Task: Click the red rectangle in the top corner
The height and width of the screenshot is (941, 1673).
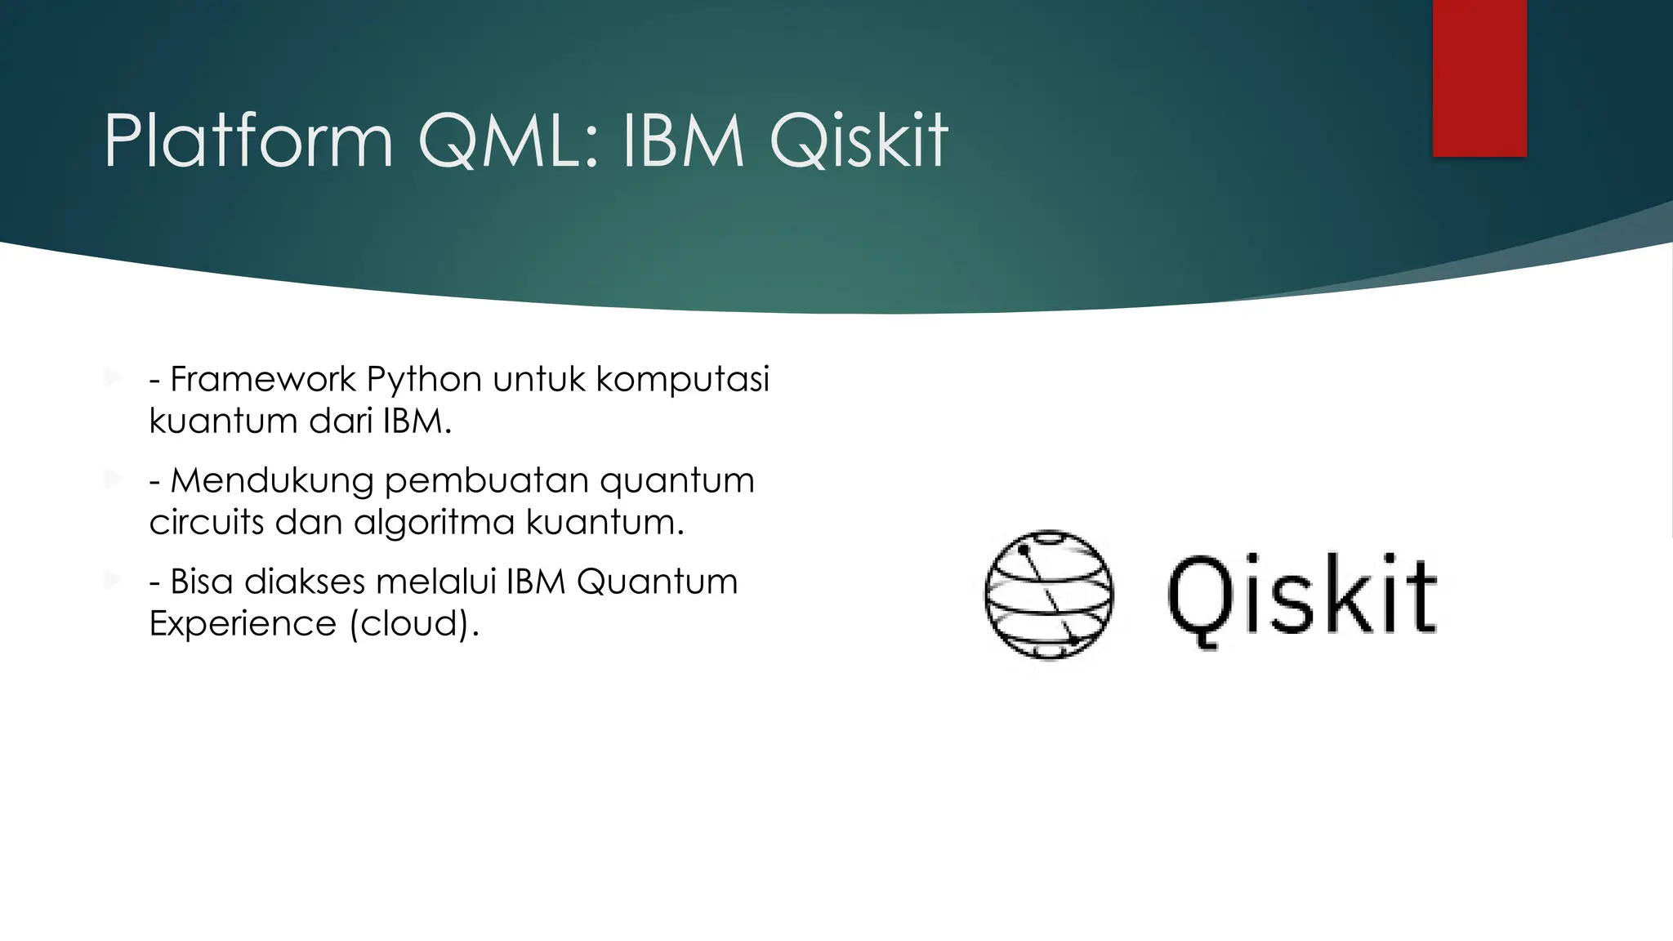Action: (1479, 78)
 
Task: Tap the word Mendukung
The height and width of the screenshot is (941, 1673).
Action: (272, 481)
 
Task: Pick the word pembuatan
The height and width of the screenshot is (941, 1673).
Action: (486, 481)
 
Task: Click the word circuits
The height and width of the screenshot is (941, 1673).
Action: (207, 522)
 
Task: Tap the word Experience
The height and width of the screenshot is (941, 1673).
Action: (243, 624)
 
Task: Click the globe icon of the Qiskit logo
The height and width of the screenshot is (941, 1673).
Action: (1049, 594)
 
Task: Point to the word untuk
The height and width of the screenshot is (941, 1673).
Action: (539, 380)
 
